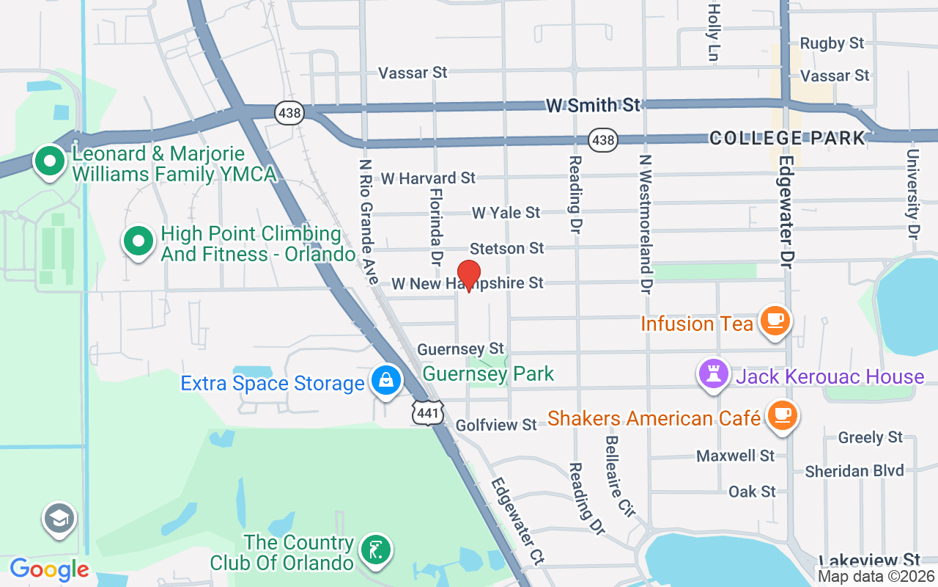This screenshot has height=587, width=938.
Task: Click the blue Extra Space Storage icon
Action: coord(386,381)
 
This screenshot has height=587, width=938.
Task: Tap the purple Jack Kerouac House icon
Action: coord(713,375)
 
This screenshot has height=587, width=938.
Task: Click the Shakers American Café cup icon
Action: coord(782,415)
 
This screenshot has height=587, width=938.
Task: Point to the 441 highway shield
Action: coord(427,413)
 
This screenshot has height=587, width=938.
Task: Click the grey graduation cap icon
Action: coord(59,519)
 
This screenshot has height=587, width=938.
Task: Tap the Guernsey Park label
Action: coord(489,373)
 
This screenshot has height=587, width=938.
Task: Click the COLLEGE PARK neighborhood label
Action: coord(787,138)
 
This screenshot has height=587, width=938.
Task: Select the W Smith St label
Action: coord(593,106)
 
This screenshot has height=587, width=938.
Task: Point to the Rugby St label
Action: coord(832,43)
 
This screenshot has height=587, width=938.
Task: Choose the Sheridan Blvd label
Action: coord(854,470)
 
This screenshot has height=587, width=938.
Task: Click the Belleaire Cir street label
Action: coord(619,475)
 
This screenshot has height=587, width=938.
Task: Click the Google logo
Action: coord(49,569)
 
